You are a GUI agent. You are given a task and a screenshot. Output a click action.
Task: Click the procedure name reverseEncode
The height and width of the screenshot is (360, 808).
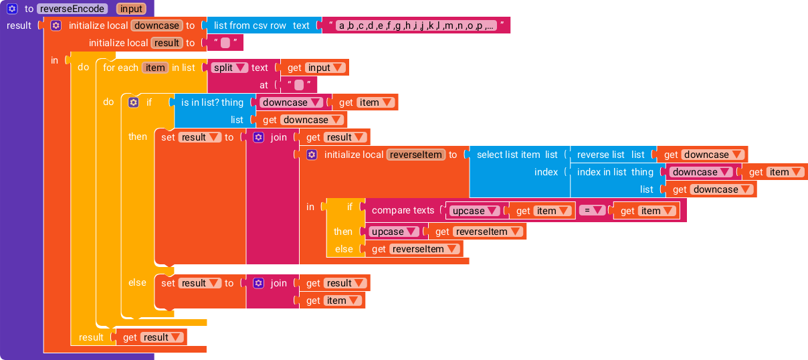72,9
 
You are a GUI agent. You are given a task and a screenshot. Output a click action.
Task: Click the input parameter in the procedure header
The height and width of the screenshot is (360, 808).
131,9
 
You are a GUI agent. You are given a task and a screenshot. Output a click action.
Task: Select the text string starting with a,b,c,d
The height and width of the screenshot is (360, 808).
416,25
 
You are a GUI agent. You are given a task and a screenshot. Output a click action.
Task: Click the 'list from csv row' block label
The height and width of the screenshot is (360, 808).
249,25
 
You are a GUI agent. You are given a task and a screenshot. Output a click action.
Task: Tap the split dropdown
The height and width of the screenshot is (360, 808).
229,68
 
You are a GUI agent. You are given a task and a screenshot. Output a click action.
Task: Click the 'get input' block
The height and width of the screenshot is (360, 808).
314,68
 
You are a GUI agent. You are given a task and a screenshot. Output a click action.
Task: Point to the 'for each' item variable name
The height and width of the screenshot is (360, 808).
155,68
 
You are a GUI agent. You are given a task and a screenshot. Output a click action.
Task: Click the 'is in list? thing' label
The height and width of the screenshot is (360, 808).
212,102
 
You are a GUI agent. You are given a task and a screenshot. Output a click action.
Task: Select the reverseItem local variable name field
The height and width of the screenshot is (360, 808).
415,155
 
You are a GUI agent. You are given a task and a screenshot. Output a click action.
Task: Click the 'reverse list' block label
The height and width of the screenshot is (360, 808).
601,155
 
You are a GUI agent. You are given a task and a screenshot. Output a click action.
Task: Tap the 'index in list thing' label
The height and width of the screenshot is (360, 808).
615,172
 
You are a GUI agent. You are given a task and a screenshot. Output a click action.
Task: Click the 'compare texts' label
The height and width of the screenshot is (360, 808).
403,210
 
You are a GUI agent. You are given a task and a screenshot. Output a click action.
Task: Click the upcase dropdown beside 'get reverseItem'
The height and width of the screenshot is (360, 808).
393,232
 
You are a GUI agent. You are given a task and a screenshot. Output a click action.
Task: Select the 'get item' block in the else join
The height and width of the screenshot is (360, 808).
332,300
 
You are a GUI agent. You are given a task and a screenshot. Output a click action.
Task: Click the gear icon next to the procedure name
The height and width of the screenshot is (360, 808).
12,9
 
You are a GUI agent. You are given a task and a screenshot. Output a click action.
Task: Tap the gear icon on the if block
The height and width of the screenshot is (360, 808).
134,102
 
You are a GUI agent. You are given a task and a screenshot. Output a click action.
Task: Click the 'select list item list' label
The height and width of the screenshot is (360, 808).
517,155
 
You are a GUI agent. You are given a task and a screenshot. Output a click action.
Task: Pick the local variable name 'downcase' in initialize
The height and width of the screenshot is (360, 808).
157,25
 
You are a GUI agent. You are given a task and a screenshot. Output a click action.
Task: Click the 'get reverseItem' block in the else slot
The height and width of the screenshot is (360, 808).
412,250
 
